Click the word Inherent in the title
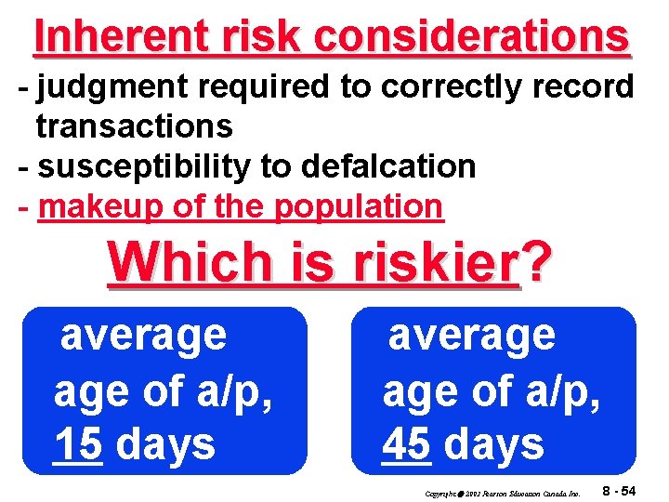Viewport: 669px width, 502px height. [x=100, y=36]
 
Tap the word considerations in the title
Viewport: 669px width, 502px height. [x=471, y=36]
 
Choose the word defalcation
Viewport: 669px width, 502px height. [x=387, y=165]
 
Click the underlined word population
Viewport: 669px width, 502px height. [x=359, y=206]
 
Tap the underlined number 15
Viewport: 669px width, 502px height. [x=78, y=444]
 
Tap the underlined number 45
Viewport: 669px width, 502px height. [x=406, y=444]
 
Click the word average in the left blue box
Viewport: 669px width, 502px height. [x=143, y=335]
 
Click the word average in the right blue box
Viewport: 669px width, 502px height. [x=471, y=335]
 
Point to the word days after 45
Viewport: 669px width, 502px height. [x=494, y=444]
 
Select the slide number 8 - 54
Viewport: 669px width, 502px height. [x=619, y=490]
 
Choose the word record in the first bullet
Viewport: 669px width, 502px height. [x=576, y=86]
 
